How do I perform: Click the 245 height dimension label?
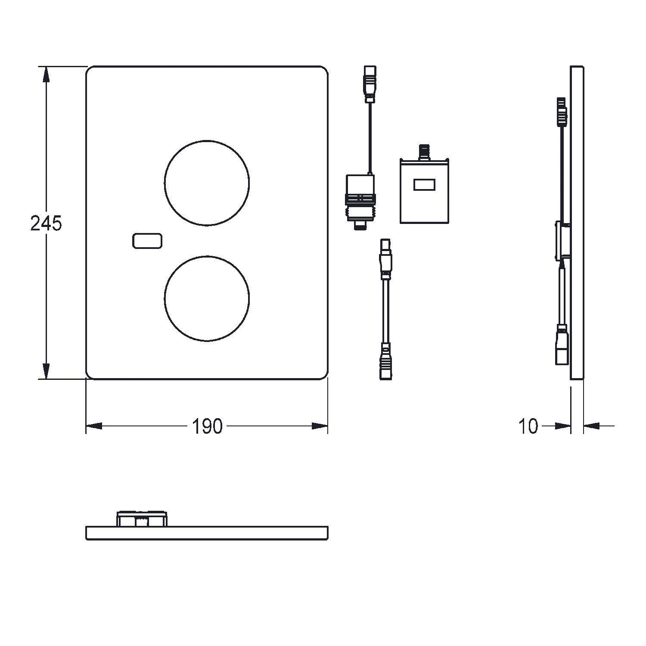(x=46, y=224)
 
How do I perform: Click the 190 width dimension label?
(x=207, y=426)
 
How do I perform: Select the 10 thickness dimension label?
(x=528, y=426)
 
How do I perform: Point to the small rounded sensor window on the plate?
(x=147, y=241)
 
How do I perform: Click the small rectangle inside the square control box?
(x=425, y=185)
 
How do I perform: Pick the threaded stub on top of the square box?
(x=424, y=152)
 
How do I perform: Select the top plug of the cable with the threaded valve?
(x=370, y=84)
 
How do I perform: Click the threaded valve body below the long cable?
(x=360, y=201)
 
